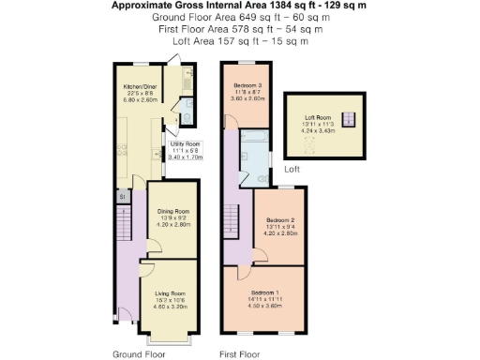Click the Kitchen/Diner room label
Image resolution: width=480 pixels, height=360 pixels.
pyautogui.click(x=139, y=85)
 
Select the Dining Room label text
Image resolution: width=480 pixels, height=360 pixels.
pyautogui.click(x=172, y=211)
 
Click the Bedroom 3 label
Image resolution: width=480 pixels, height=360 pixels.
pyautogui.click(x=247, y=85)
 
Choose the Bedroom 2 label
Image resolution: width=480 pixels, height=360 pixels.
pyautogui.click(x=281, y=221)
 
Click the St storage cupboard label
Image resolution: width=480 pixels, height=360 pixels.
pyautogui.click(x=122, y=196)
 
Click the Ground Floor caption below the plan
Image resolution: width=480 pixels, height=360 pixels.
pyautogui.click(x=140, y=353)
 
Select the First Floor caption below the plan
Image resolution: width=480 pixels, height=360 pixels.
pyautogui.click(x=239, y=353)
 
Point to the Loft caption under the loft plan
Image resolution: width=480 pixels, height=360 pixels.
pyautogui.click(x=292, y=169)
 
